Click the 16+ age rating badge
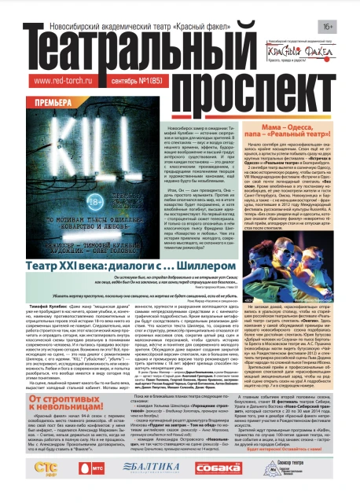pyautogui.click(x=340, y=10)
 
